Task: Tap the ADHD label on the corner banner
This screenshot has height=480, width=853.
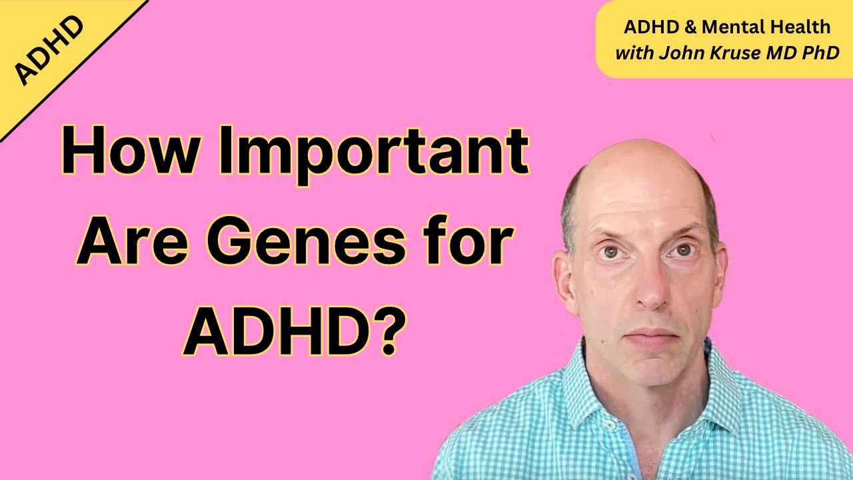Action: click(48, 51)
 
